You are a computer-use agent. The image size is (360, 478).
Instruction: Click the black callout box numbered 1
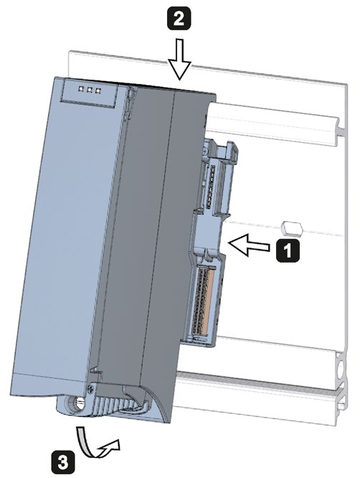click(288, 250)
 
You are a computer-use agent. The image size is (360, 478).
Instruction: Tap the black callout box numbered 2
click(179, 18)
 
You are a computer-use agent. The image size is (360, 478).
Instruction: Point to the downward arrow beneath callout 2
click(180, 60)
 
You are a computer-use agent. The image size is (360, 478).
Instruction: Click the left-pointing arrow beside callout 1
click(249, 245)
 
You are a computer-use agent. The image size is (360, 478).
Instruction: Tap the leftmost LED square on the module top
click(81, 89)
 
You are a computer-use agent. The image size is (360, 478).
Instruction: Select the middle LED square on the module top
click(90, 90)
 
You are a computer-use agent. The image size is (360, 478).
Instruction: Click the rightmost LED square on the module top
click(98, 90)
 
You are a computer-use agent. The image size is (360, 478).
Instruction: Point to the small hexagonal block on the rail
click(292, 228)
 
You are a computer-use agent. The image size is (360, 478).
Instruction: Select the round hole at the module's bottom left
click(78, 404)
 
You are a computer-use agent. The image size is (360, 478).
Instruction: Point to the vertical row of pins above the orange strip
click(210, 186)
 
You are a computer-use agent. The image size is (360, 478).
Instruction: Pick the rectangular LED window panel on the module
click(89, 92)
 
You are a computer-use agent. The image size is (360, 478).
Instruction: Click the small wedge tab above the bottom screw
click(95, 370)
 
